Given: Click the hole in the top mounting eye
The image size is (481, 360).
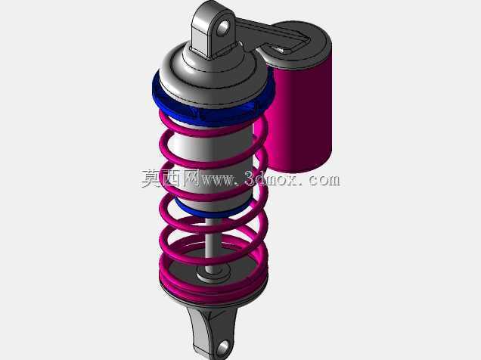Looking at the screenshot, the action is coord(224,27).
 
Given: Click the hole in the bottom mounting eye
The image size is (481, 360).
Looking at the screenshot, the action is coord(224,347).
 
